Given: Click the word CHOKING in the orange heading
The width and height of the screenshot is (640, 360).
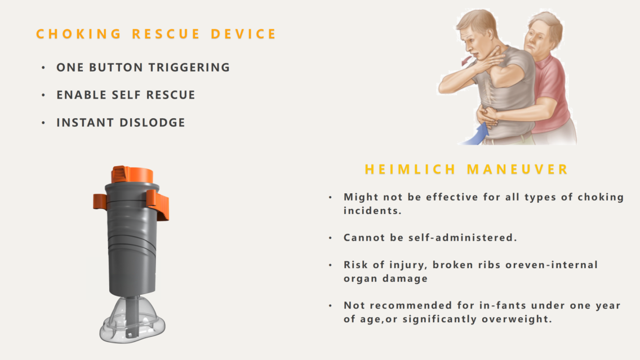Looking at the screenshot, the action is coord(79,34).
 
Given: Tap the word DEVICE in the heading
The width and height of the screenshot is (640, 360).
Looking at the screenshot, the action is coord(244,34).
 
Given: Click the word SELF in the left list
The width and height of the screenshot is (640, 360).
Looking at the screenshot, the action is coord(126,95).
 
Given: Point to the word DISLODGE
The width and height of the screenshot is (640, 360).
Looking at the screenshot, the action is coord(152,122).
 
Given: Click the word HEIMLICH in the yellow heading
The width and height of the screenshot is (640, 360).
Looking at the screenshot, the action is coord(410,170).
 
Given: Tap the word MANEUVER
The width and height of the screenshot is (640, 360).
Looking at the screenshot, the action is coord(518,170).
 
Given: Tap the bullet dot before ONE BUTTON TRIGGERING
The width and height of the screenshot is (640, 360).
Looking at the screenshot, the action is coord(43,68).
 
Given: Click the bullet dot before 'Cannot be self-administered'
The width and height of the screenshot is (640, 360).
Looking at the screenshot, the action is coord(330,238).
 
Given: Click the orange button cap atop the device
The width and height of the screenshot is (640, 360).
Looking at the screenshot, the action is coord(132,175).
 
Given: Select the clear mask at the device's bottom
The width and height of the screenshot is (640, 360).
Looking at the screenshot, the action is coord(132,321).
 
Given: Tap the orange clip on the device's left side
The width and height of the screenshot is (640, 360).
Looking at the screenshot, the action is coord(100,201).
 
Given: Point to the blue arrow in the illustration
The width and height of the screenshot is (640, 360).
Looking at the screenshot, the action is coord(476,135).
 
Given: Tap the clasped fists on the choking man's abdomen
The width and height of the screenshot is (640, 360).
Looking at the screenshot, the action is coord(488,115).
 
